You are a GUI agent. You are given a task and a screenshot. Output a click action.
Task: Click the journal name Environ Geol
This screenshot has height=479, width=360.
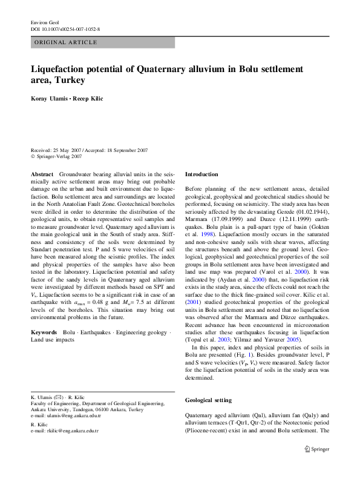pyautogui.click(x=44, y=21)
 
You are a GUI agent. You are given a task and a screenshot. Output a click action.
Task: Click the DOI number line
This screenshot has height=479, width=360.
pyautogui.click(x=65, y=28)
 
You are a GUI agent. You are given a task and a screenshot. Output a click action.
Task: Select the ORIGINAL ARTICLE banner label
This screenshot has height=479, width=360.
pyautogui.click(x=65, y=42)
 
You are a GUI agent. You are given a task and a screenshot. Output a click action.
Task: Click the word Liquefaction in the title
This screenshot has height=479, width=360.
pyautogui.click(x=61, y=68)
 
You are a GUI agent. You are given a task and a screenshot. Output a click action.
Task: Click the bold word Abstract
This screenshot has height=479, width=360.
pyautogui.click(x=42, y=174)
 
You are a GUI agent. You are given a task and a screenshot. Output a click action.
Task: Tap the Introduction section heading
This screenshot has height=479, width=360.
pyautogui.click(x=201, y=174)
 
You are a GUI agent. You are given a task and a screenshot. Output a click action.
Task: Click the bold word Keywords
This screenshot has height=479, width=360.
pyautogui.click(x=44, y=332)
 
